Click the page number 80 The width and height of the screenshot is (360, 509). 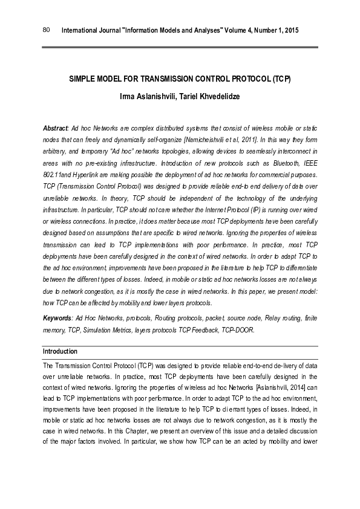click(46, 30)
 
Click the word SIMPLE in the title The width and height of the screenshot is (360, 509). click(82, 80)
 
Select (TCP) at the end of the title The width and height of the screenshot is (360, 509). click(281, 80)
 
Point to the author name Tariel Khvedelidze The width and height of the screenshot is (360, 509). click(207, 97)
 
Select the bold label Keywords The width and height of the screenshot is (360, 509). click(57, 318)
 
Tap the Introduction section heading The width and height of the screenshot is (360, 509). click(60, 351)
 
